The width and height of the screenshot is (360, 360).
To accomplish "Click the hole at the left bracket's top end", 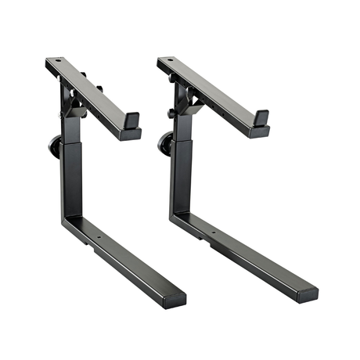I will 57,63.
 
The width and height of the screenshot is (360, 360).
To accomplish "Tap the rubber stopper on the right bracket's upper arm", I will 260,118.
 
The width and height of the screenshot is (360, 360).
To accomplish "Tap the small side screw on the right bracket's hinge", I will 170,114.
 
